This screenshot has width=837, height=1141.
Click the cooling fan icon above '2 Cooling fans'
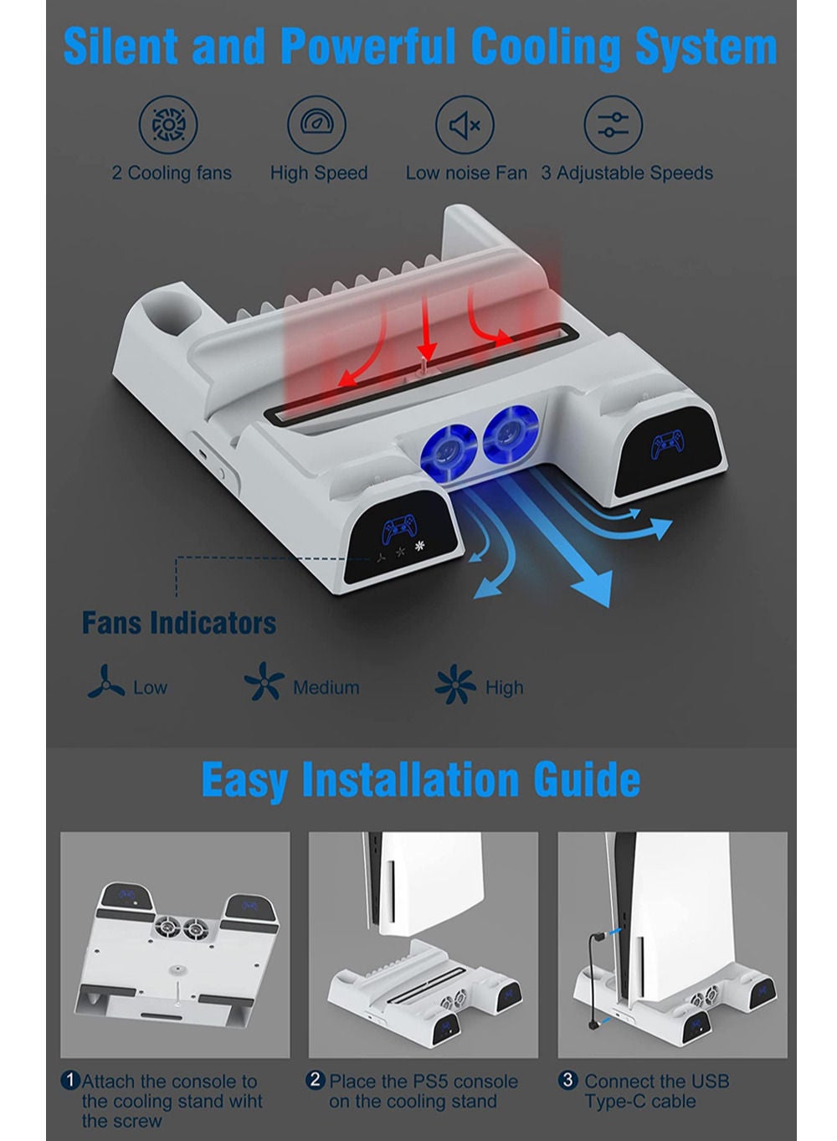(168, 125)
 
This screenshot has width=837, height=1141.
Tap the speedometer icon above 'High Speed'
(316, 125)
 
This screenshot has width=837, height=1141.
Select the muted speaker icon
(465, 125)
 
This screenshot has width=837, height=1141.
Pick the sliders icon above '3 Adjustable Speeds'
(613, 125)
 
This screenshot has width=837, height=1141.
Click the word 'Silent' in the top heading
(121, 47)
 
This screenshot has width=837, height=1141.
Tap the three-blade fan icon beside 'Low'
(106, 681)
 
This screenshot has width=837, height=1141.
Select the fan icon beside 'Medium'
(264, 681)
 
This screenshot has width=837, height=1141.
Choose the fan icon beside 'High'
(455, 684)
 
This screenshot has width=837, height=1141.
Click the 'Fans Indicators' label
(179, 623)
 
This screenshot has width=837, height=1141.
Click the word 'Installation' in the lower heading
(411, 780)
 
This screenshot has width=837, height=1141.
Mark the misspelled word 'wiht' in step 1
(242, 1087)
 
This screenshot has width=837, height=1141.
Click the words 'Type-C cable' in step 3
(639, 1087)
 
